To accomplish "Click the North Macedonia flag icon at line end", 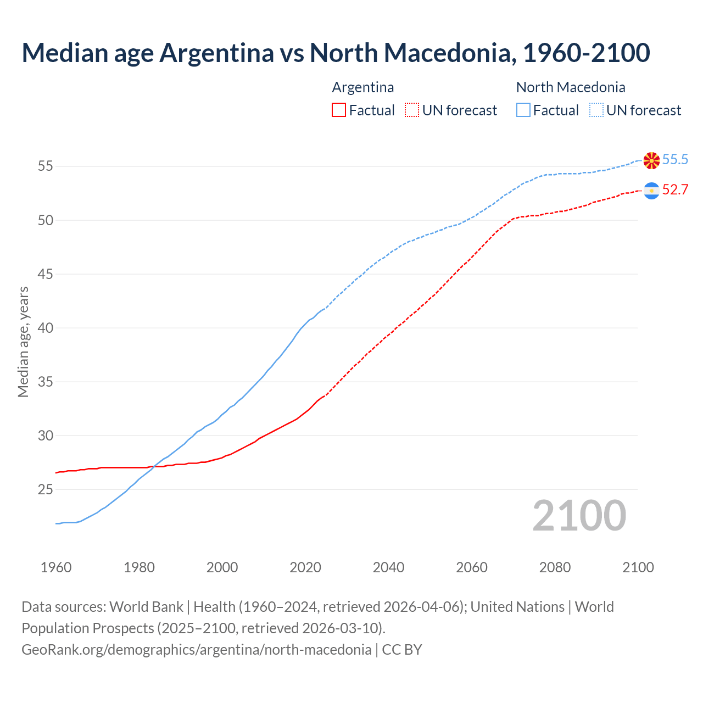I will point(651,160).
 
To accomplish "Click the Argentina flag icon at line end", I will point(651,191).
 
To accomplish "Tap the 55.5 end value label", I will point(675,159).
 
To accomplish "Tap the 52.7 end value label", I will point(675,189).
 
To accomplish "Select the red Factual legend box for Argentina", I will point(339,110).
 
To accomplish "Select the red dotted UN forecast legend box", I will point(412,110).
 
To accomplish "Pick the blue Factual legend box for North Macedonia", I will point(523,110).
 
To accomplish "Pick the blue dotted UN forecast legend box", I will point(596,110).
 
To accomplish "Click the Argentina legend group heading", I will point(363,87).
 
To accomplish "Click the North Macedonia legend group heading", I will point(571,87).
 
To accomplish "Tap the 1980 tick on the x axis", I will point(139,567).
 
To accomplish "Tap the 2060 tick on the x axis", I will point(472,567).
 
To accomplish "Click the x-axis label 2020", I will point(305,567).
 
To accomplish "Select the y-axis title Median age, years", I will point(23,342).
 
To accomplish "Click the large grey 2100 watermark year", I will point(579,515).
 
